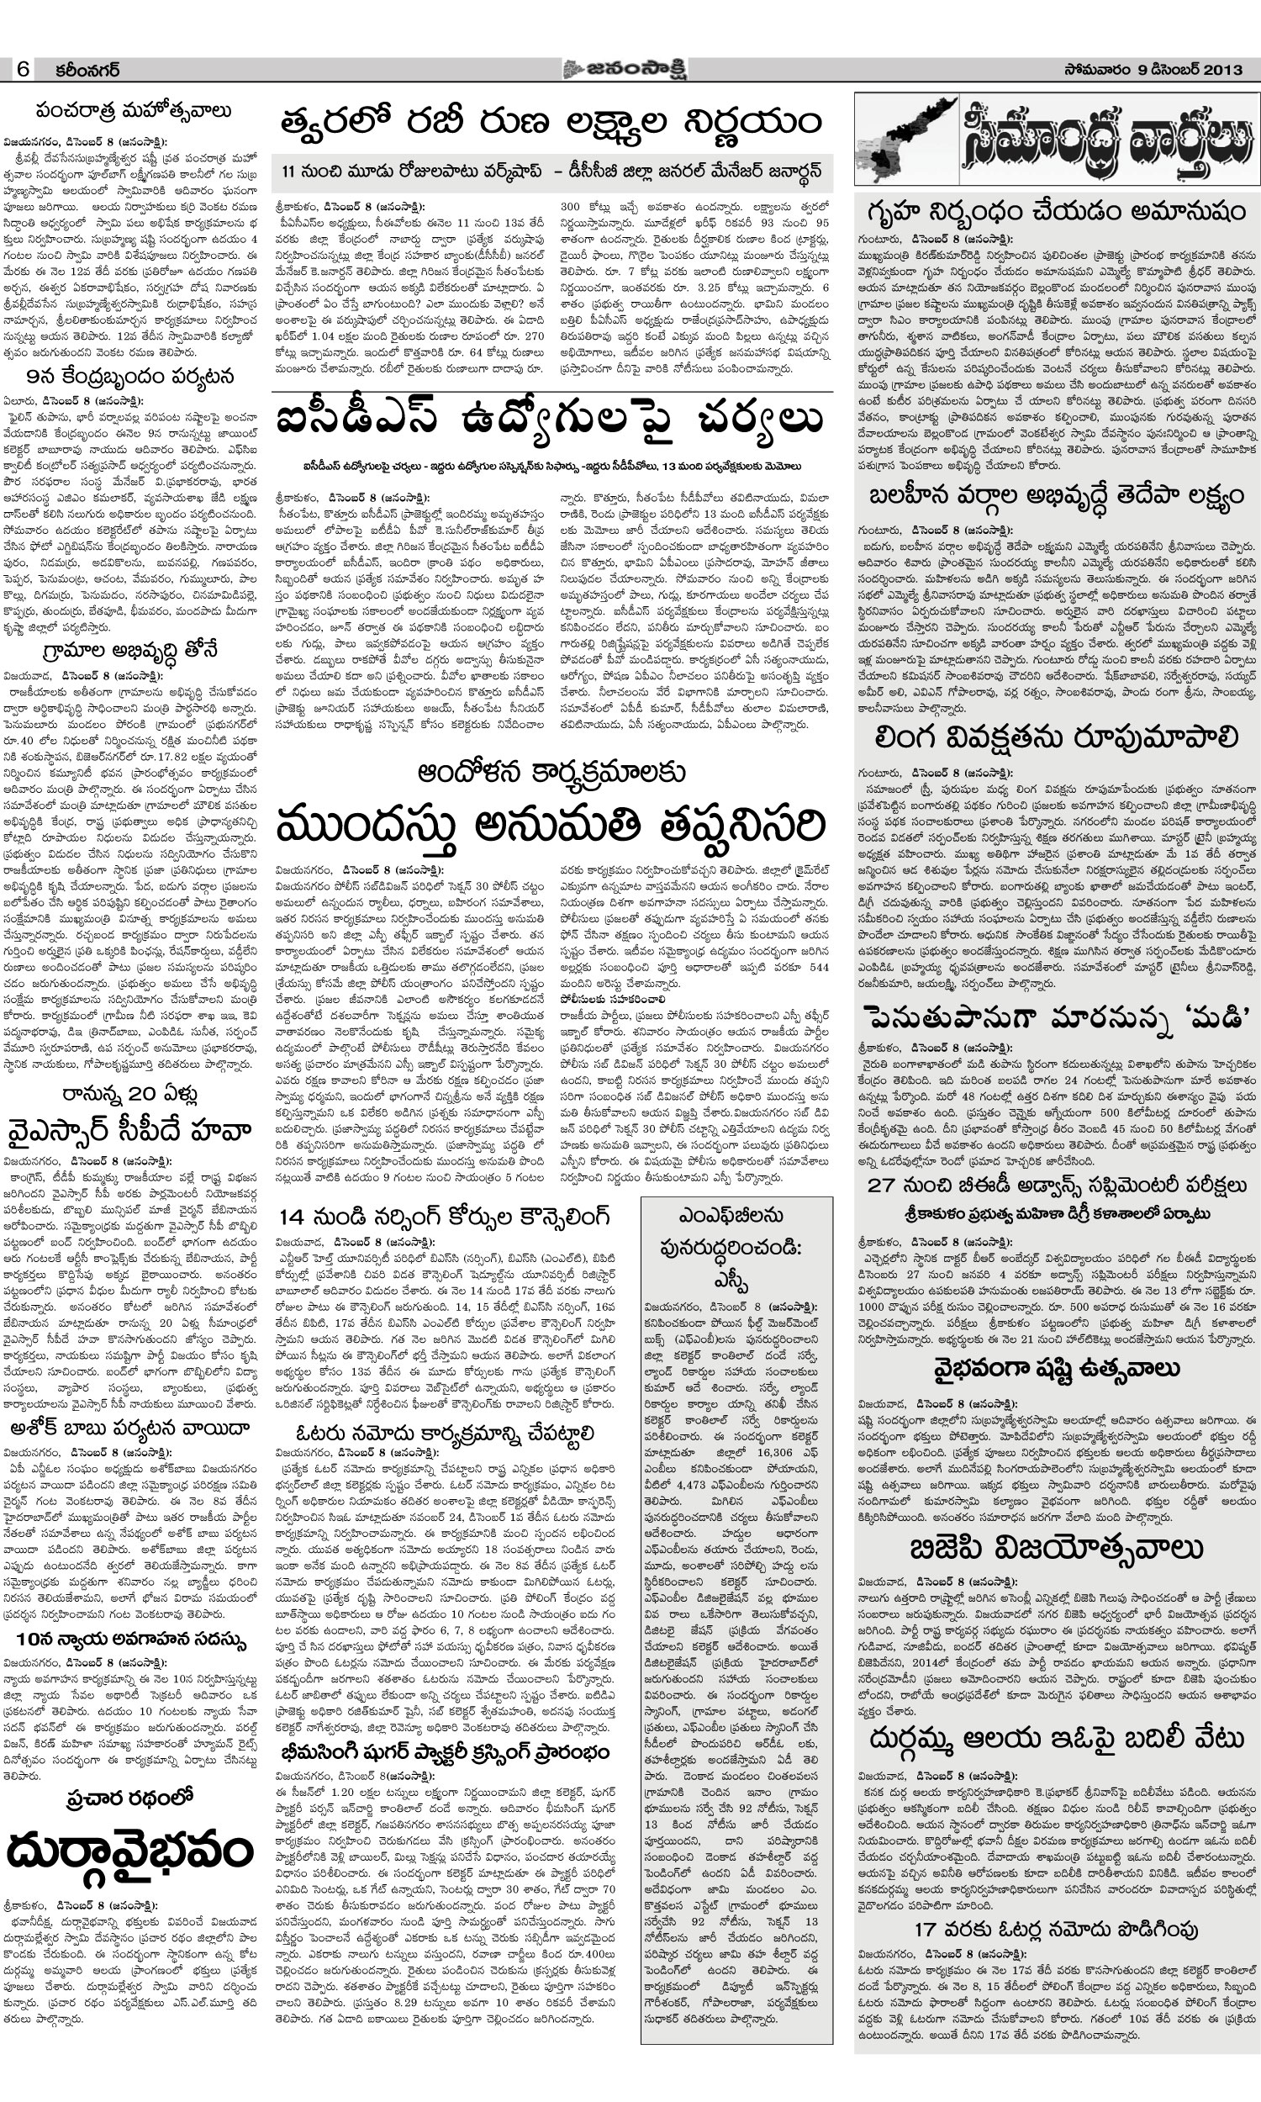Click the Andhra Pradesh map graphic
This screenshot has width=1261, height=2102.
[x=904, y=140]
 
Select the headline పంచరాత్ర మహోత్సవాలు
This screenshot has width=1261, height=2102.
[x=133, y=111]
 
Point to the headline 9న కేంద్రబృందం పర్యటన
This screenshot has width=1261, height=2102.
[x=130, y=377]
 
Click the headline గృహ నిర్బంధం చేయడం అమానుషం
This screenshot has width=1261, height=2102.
[x=1056, y=209]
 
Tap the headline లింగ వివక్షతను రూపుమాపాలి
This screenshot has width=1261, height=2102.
[x=1056, y=738]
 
